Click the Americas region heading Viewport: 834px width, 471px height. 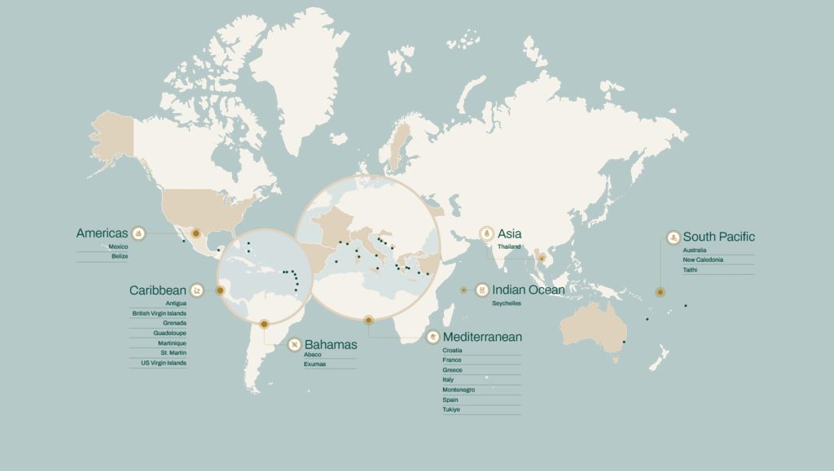[102, 233]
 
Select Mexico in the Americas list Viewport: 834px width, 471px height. [118, 246]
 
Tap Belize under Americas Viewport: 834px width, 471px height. [120, 256]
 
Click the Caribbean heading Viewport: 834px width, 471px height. [157, 290]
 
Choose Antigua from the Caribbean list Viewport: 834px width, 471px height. [175, 303]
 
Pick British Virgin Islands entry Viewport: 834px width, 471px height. [159, 313]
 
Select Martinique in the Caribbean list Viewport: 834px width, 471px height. [172, 343]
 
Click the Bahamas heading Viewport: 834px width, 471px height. [330, 345]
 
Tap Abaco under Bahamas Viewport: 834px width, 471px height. [313, 355]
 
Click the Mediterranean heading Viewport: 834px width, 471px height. [482, 337]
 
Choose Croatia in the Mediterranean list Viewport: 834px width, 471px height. [452, 350]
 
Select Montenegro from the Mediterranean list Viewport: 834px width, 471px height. [459, 390]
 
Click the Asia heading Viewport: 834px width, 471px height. [509, 233]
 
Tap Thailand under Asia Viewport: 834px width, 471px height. [509, 246]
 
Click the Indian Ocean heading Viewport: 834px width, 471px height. [528, 290]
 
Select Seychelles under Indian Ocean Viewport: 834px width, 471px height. [507, 303]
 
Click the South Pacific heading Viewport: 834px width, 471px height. [718, 237]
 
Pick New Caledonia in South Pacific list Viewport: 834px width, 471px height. [703, 259]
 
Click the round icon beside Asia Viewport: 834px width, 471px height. [487, 233]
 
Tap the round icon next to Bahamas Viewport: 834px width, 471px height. [294, 345]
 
